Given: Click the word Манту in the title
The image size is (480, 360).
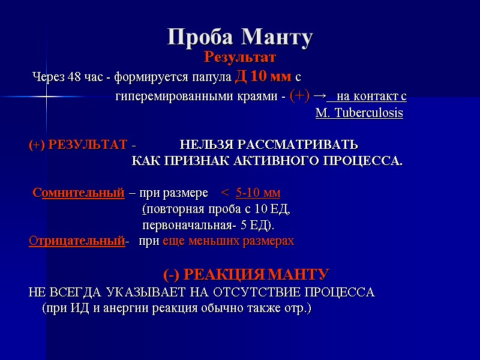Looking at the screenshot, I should coord(278,37).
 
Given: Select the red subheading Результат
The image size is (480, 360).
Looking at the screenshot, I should coord(240,58).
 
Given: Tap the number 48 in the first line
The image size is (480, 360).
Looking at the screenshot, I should coord(75,77).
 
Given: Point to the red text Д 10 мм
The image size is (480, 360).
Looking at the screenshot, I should coord(263,77).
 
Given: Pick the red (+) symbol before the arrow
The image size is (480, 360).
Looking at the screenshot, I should coord(299,95).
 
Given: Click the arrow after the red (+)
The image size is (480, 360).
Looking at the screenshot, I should coord(320,95).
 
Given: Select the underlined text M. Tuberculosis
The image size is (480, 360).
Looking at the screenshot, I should coord(359,113).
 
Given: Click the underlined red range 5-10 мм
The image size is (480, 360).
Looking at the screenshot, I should coord(258,193).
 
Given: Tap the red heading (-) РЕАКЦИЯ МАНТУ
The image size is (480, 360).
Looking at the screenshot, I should coord(246,275).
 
